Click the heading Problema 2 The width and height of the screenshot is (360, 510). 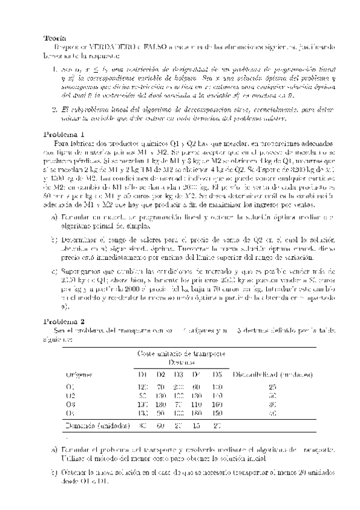coord(65,322)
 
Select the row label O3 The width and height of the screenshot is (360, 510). coord(70,405)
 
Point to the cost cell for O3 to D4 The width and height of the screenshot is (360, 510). coord(197,405)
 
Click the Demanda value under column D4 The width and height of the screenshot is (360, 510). coord(197,426)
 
